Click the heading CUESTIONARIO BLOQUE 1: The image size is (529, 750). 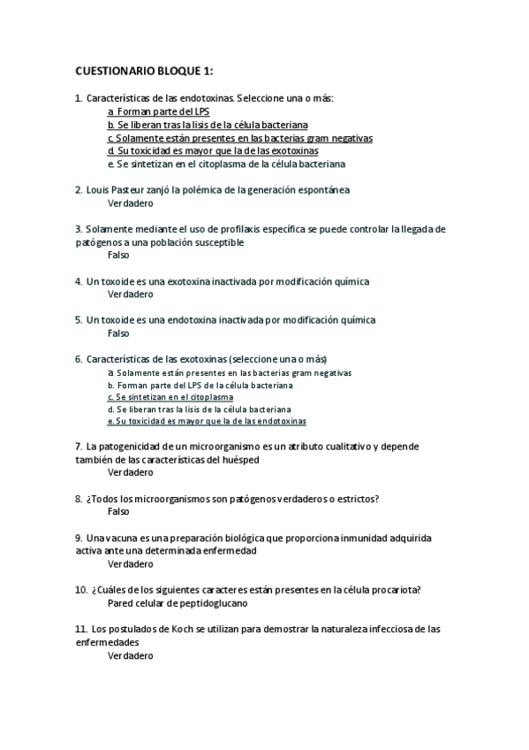[144, 70]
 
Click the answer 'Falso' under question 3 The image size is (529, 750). [118, 255]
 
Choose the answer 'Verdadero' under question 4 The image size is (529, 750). [130, 295]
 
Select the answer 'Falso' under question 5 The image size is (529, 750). [118, 333]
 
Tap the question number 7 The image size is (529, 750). [79, 447]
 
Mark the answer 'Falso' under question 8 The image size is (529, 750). [118, 511]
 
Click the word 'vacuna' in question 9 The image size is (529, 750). [120, 538]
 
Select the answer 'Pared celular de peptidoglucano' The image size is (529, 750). [177, 602]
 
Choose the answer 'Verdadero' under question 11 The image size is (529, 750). [130, 655]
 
